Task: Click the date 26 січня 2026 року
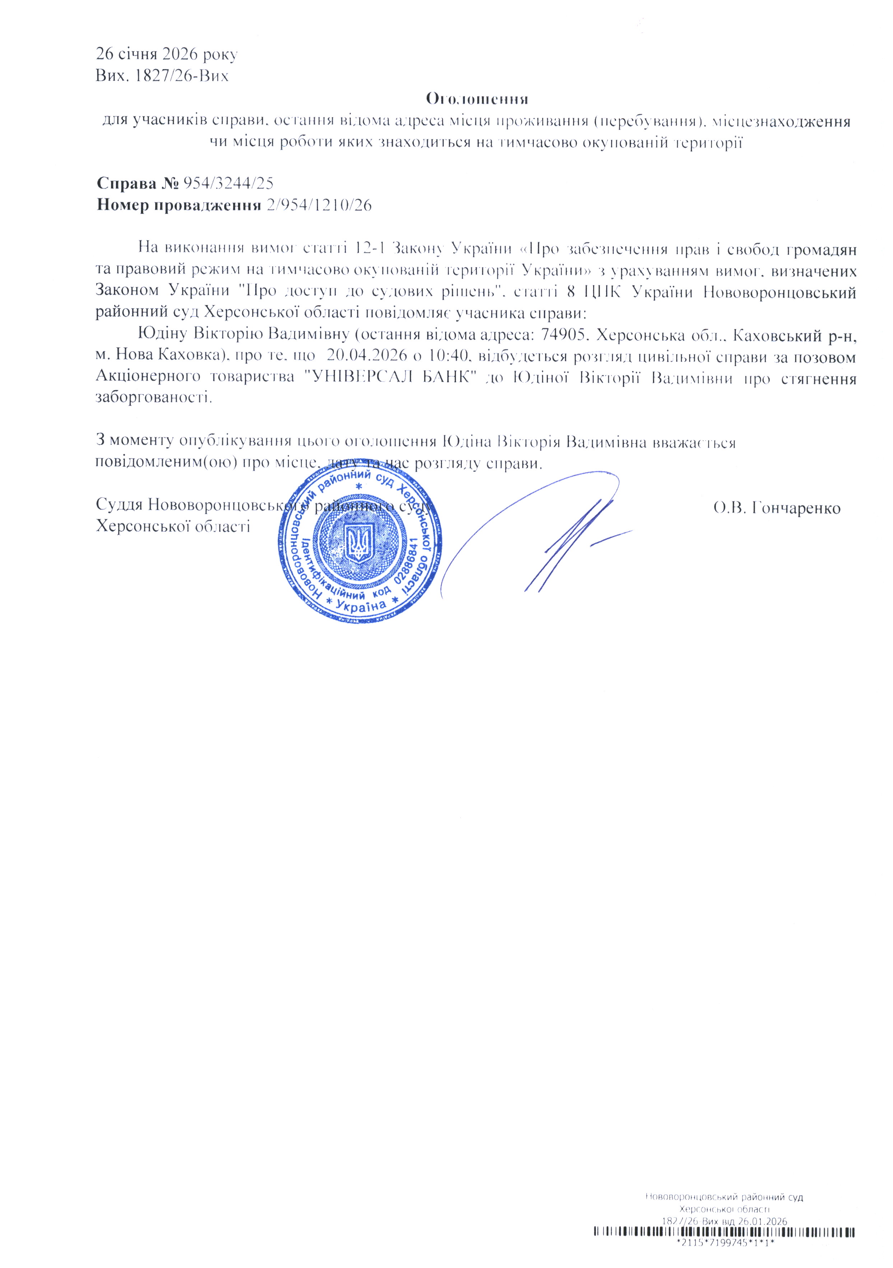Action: tap(167, 55)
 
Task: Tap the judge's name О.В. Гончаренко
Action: tap(776, 508)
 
